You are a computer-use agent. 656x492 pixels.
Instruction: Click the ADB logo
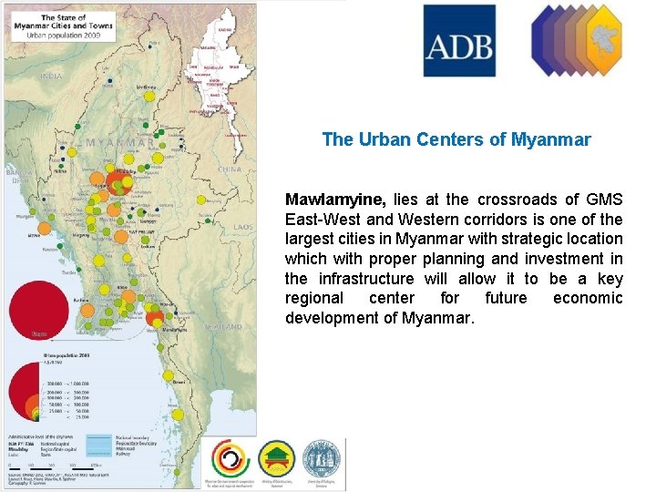[x=459, y=40]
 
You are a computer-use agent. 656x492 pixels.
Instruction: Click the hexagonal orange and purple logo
[x=577, y=40]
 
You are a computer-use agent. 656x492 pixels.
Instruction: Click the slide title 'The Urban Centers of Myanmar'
[x=456, y=140]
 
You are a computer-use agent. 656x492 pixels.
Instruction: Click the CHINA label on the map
[x=230, y=169]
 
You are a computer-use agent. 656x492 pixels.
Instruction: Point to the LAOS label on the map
[x=242, y=227]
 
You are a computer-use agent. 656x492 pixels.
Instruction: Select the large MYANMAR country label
[x=118, y=143]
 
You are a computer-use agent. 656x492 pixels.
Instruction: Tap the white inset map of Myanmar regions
[x=220, y=77]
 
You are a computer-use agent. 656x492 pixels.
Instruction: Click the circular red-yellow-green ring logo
[x=228, y=457]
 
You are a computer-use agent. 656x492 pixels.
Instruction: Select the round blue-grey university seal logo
[x=323, y=457]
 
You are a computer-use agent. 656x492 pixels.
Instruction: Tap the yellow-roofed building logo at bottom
[x=276, y=457]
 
